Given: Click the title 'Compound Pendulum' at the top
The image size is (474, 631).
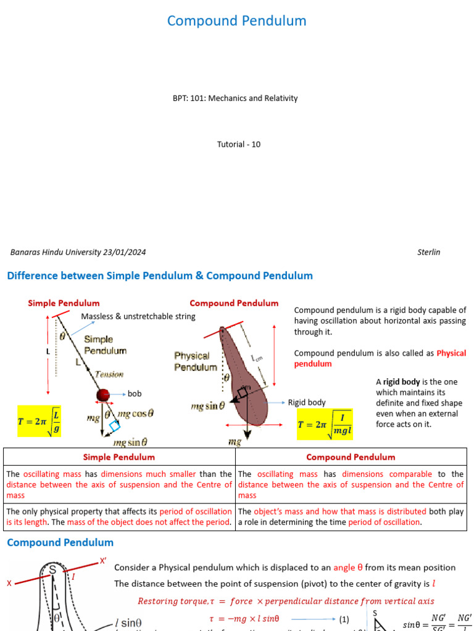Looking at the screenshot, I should click(x=236, y=21).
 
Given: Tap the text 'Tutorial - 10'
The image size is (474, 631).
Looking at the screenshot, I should click(x=238, y=144).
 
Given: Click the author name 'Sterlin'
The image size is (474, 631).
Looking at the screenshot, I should click(x=428, y=252).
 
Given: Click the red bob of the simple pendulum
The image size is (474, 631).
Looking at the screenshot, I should click(x=103, y=394).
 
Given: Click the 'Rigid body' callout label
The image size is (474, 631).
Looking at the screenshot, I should click(x=307, y=402).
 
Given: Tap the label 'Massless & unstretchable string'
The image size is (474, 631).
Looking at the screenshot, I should click(x=138, y=316).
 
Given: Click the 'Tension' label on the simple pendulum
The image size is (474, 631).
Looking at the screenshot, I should click(x=109, y=374).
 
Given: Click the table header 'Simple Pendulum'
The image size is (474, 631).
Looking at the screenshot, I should click(x=119, y=457).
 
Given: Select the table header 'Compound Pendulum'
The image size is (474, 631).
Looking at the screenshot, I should click(x=351, y=457).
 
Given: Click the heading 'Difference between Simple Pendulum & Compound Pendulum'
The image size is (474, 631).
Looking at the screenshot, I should click(x=160, y=275).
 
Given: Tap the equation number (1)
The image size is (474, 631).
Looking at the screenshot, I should click(x=344, y=619).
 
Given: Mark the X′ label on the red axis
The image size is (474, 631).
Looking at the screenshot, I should click(x=103, y=561).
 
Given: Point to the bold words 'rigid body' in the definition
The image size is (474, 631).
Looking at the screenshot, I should click(x=402, y=382).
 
